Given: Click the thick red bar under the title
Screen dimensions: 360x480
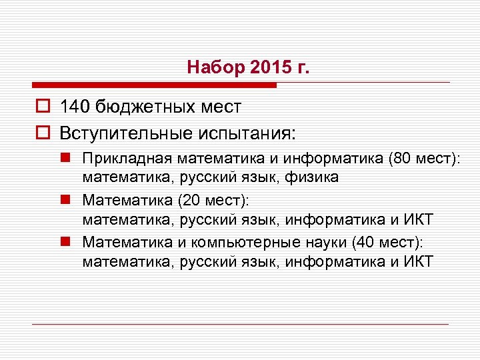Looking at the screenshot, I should click(x=153, y=85).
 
